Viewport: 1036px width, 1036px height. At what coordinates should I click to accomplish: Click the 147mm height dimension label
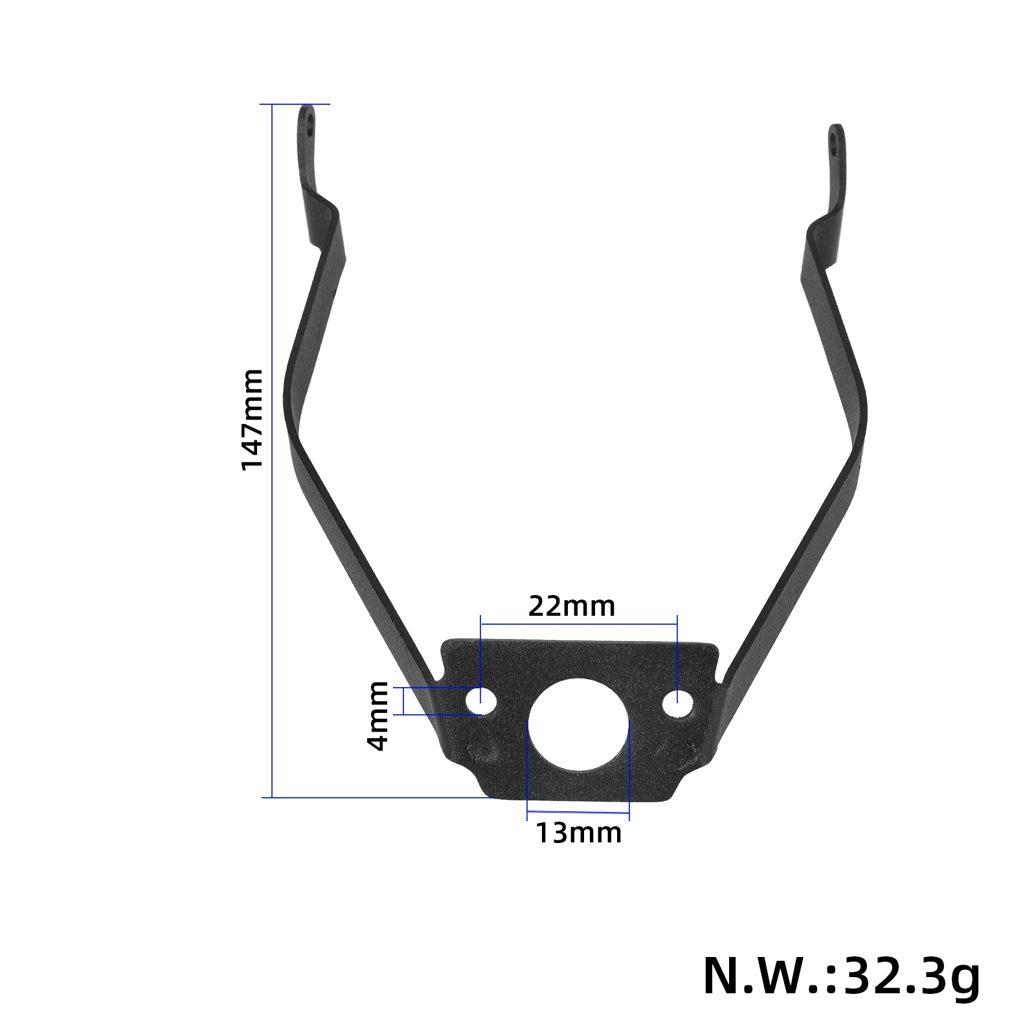(x=252, y=419)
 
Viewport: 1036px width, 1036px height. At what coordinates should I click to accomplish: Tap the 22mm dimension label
(x=572, y=606)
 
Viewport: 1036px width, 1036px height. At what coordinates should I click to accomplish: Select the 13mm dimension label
(x=578, y=833)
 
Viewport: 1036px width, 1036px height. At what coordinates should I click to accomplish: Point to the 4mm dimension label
(x=377, y=715)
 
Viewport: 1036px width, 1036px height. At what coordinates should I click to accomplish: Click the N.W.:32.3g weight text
(x=841, y=976)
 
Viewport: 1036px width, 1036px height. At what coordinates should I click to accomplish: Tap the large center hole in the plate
(x=578, y=725)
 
